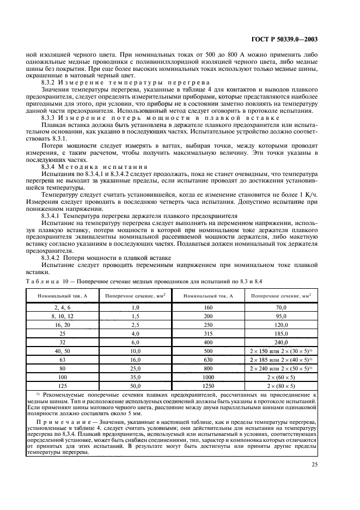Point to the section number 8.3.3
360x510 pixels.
coord(50,117)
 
